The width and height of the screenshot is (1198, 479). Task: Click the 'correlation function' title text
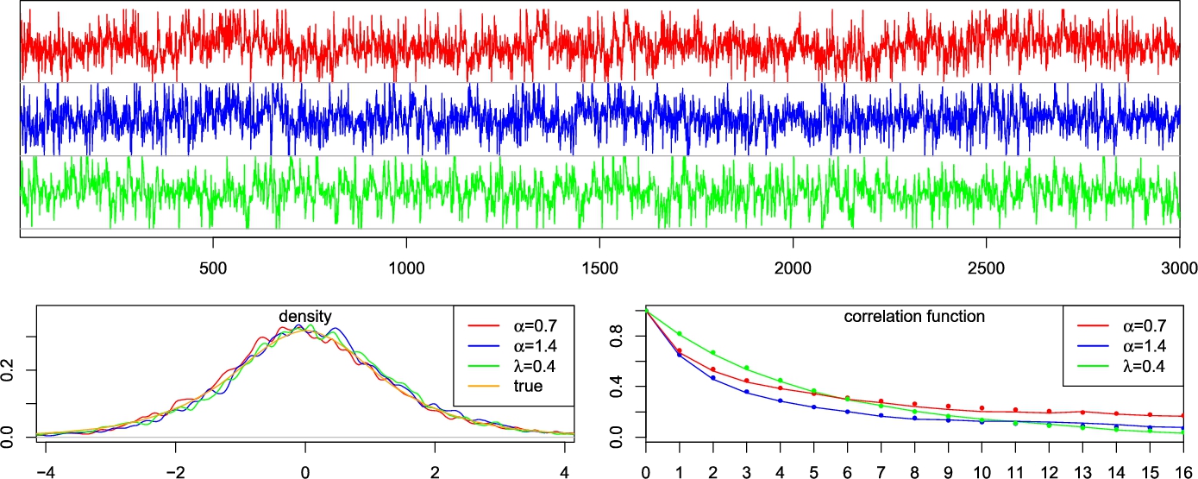pos(913,317)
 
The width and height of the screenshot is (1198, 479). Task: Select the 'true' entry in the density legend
pos(525,387)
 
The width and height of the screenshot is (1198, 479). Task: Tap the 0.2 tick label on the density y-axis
pos(9,370)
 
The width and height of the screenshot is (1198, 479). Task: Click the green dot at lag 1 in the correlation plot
pos(679,333)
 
